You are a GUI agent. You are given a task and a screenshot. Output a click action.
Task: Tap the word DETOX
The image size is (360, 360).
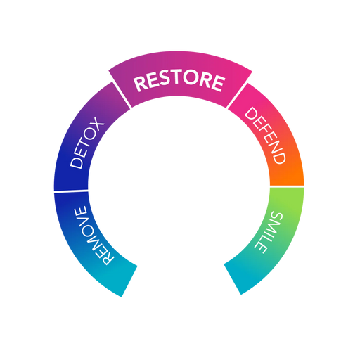pyautogui.click(x=87, y=142)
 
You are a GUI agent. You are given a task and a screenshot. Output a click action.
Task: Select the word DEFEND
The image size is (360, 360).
pyautogui.click(x=265, y=136)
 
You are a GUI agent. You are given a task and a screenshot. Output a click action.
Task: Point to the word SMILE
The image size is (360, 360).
pyautogui.click(x=269, y=232)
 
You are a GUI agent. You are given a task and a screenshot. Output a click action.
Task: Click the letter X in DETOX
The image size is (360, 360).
pyautogui.click(x=96, y=123)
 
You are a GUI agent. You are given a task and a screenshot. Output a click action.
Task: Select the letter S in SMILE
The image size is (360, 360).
pyautogui.click(x=277, y=217)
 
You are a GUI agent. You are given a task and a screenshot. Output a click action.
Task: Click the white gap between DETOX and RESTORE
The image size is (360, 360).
pyautogui.click(x=121, y=96)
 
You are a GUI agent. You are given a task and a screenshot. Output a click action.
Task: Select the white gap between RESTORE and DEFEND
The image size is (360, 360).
pyautogui.click(x=238, y=96)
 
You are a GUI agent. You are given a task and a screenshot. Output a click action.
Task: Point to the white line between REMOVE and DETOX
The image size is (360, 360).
pyautogui.click(x=71, y=191)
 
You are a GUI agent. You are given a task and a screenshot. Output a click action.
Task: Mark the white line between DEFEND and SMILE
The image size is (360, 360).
pyautogui.click(x=287, y=186)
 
